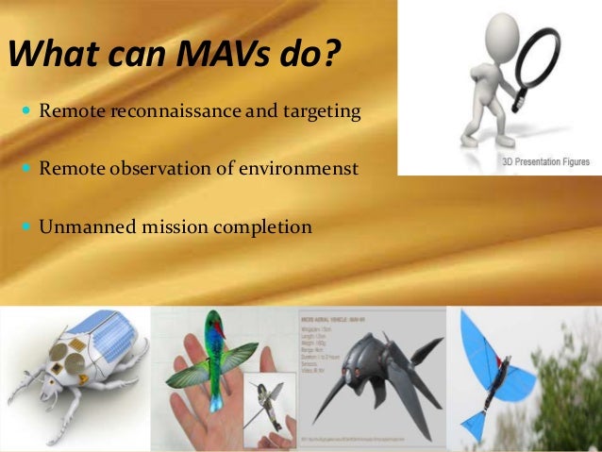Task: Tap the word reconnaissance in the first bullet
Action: pyautogui.click(x=166, y=112)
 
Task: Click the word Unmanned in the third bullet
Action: pyautogui.click(x=79, y=226)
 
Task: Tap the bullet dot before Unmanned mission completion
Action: pyautogui.click(x=25, y=226)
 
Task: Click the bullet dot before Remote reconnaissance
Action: pyautogui.click(x=25, y=112)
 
